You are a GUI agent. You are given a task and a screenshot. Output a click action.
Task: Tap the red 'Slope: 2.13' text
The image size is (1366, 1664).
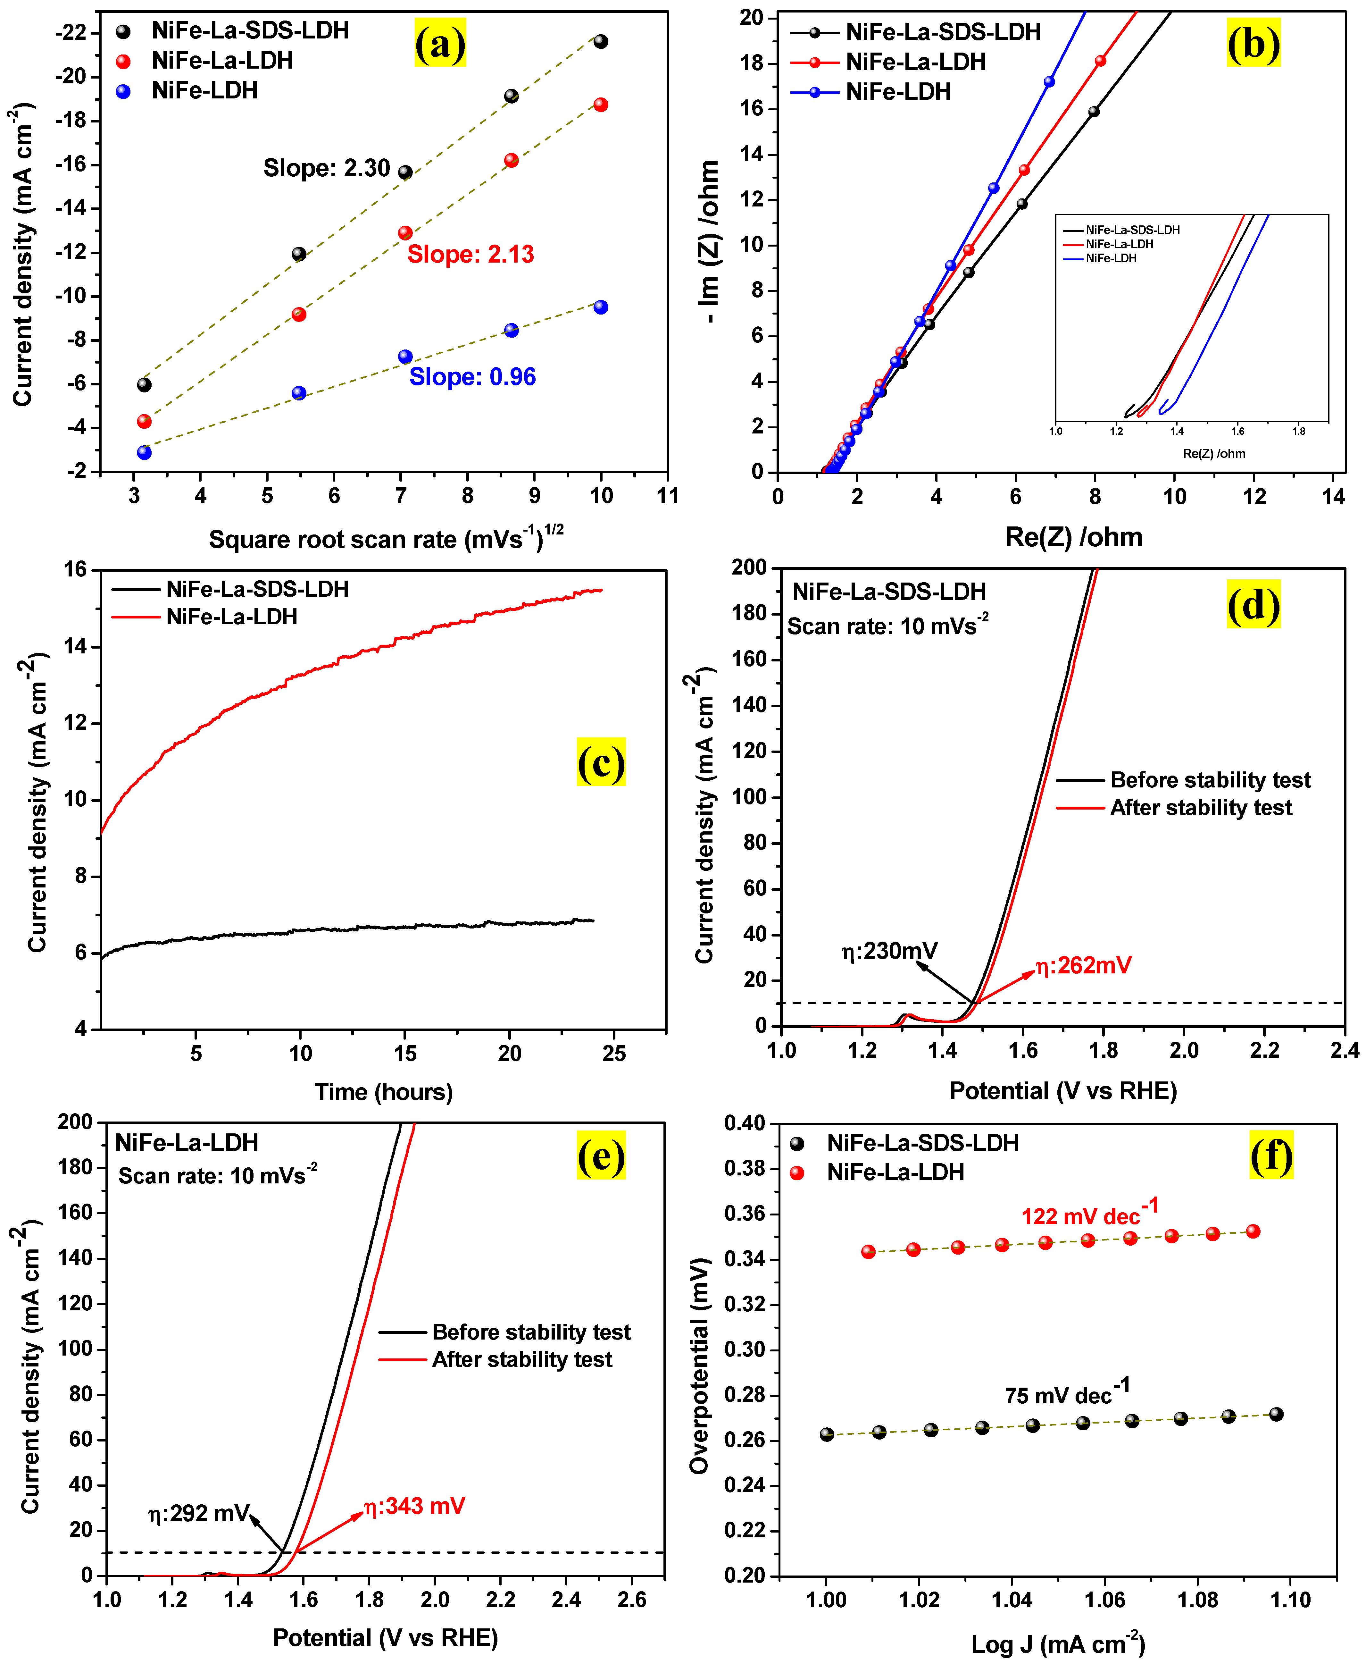coord(471,254)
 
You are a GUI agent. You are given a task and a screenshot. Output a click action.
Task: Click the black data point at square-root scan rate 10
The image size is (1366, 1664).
coord(600,42)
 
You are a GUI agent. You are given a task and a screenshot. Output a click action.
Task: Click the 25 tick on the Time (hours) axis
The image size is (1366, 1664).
coord(614,1053)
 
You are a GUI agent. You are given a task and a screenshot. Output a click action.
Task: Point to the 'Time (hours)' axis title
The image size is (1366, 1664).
coord(384,1092)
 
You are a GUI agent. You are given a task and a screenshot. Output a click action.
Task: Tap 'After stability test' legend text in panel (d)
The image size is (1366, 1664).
coord(1201,808)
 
